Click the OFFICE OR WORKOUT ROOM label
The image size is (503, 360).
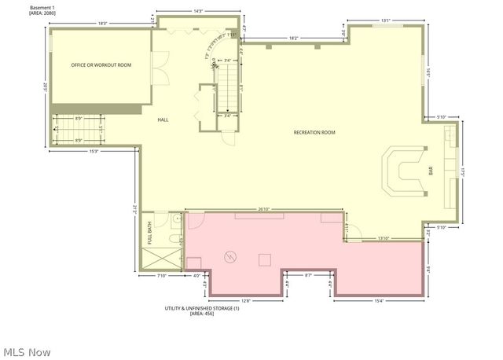[102, 65]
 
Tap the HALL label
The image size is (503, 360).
[163, 119]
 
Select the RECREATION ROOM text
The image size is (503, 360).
[314, 133]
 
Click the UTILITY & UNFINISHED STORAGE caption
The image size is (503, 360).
[200, 308]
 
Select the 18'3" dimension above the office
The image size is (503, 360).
[102, 23]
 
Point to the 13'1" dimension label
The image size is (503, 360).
[385, 20]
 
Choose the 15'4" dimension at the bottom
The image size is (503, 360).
[379, 300]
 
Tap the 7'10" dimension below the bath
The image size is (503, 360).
[161, 275]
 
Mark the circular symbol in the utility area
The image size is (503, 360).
[231, 256]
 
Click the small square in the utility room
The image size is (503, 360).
[266, 257]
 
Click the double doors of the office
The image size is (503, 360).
[161, 68]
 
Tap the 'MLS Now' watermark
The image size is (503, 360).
[28, 350]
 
